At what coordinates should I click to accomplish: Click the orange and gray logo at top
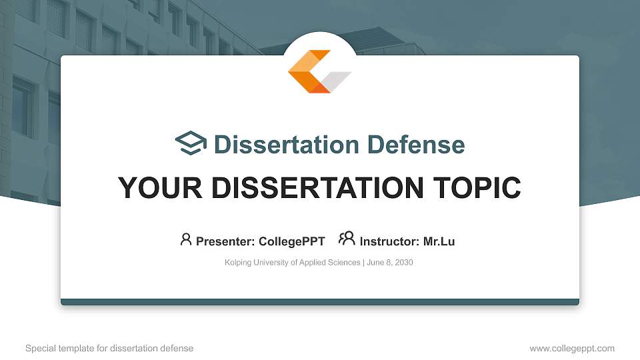coord(319,71)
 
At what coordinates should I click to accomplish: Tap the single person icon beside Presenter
coord(186,239)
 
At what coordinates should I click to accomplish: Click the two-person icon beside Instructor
coord(347,239)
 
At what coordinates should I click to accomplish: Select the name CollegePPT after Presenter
coord(291,241)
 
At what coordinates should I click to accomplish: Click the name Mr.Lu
coord(439,241)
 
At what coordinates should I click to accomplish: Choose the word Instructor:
coord(389,241)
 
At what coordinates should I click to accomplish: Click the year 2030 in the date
coord(403,263)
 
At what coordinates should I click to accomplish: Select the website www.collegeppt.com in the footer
coord(571,348)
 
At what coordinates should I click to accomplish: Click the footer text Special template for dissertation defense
coord(109,348)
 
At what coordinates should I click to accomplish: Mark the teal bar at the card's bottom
coord(320,302)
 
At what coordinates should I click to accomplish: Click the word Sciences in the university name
coord(345,263)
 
